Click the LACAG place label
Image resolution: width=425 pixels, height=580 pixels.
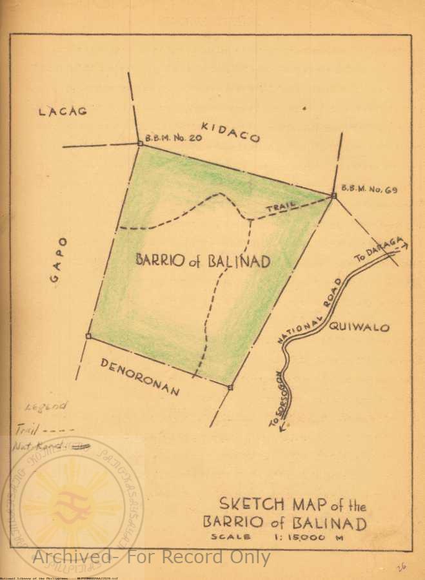(63, 111)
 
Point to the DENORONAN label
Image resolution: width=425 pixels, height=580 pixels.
(140, 376)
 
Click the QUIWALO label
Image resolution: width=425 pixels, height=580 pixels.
(359, 327)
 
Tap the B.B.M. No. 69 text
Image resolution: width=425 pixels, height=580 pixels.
(369, 189)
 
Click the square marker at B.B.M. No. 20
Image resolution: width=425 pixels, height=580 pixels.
(139, 144)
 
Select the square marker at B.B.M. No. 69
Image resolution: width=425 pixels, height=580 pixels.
(333, 195)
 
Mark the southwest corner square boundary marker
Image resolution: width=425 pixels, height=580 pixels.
(88, 336)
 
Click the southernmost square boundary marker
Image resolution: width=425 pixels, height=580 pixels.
(230, 387)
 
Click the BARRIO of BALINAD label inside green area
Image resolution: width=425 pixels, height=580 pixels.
(203, 260)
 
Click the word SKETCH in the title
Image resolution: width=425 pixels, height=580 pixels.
(246, 503)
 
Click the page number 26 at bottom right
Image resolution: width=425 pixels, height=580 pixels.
(401, 566)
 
